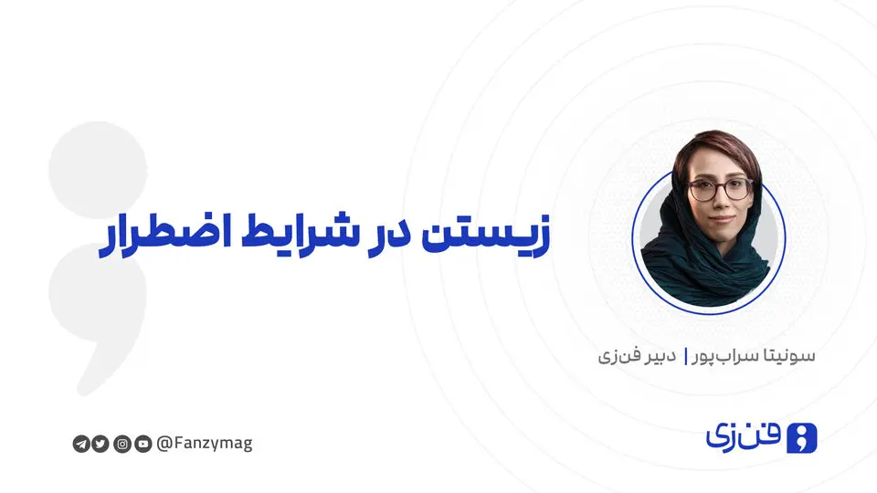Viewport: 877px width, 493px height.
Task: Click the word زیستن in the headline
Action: pyautogui.click(x=485, y=234)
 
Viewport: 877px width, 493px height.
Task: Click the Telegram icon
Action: pyautogui.click(x=81, y=444)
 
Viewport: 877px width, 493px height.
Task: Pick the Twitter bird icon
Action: pyautogui.click(x=100, y=444)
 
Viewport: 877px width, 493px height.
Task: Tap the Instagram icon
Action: pyautogui.click(x=122, y=444)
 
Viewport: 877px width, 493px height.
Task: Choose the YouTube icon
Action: pyautogui.click(x=143, y=444)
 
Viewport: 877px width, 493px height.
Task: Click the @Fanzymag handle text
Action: pyautogui.click(x=205, y=444)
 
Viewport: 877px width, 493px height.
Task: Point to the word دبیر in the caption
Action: pyautogui.click(x=660, y=356)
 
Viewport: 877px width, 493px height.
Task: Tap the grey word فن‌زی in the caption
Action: pyautogui.click(x=618, y=356)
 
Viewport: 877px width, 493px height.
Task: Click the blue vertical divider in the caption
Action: pyautogui.click(x=685, y=357)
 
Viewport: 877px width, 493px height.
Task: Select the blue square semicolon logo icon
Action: pyautogui.click(x=801, y=438)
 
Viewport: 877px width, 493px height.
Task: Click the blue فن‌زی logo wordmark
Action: pyautogui.click(x=743, y=437)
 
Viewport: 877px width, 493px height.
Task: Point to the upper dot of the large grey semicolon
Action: pyautogui.click(x=98, y=170)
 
